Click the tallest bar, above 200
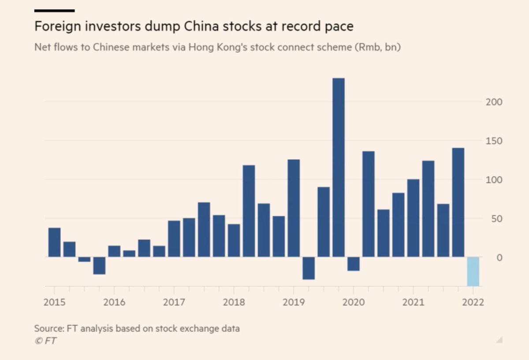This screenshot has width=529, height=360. coord(339,167)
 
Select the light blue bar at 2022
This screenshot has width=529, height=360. coord(473,271)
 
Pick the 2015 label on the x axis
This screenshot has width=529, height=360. coord(55,303)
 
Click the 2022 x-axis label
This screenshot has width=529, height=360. coord(473,303)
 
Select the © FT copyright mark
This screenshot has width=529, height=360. coord(45,341)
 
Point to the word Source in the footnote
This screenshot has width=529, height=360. coord(48,329)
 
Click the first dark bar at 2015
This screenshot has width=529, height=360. coord(55,242)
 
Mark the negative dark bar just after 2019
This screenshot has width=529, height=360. coord(309,268)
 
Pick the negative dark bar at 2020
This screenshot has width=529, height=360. coord(354,264)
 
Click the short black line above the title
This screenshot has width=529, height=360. coord(54,10)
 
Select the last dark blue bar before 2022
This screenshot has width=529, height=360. coord(458,202)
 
